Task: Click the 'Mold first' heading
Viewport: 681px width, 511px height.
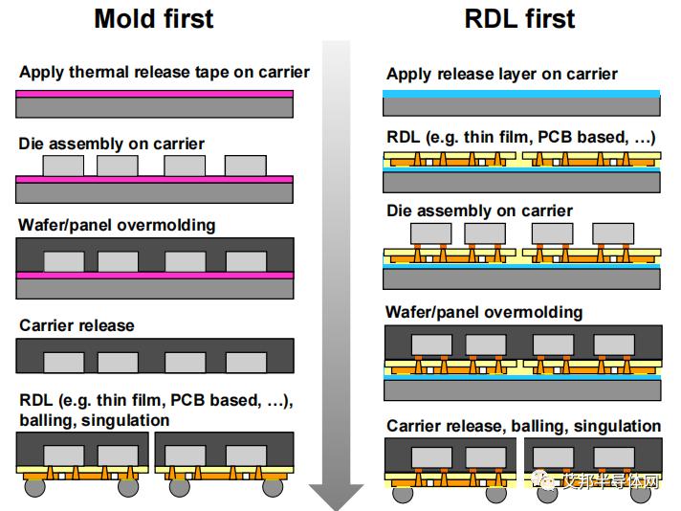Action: [x=154, y=19]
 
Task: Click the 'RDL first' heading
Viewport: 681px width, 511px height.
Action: [x=519, y=19]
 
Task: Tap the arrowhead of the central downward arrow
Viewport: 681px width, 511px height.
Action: [x=336, y=497]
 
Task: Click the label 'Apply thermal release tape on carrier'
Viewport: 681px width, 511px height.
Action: [x=165, y=72]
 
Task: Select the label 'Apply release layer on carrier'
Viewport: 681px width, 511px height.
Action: [x=501, y=74]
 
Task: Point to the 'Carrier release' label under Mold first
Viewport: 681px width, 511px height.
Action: [x=77, y=325]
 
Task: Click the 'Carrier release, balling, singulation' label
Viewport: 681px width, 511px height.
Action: [x=523, y=426]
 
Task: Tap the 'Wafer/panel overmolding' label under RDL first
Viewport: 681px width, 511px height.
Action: [x=484, y=312]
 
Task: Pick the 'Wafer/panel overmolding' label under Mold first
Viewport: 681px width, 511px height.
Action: [x=117, y=225]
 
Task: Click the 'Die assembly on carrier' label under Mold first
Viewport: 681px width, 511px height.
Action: [x=111, y=144]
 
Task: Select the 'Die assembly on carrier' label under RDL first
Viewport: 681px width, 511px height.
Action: [x=479, y=211]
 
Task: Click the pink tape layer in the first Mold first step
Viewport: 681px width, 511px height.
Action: [x=154, y=94]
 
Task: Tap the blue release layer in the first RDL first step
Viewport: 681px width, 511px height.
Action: [x=521, y=94]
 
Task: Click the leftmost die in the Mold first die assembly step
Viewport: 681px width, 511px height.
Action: [x=63, y=166]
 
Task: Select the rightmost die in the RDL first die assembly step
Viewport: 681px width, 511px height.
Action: [x=613, y=233]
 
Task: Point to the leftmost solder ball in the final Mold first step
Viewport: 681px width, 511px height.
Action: [x=34, y=487]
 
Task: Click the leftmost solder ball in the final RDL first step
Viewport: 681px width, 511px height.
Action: [x=403, y=495]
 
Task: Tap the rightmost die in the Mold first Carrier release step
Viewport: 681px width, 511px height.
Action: [x=246, y=362]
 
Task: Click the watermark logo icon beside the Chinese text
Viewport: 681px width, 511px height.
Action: [x=544, y=479]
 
